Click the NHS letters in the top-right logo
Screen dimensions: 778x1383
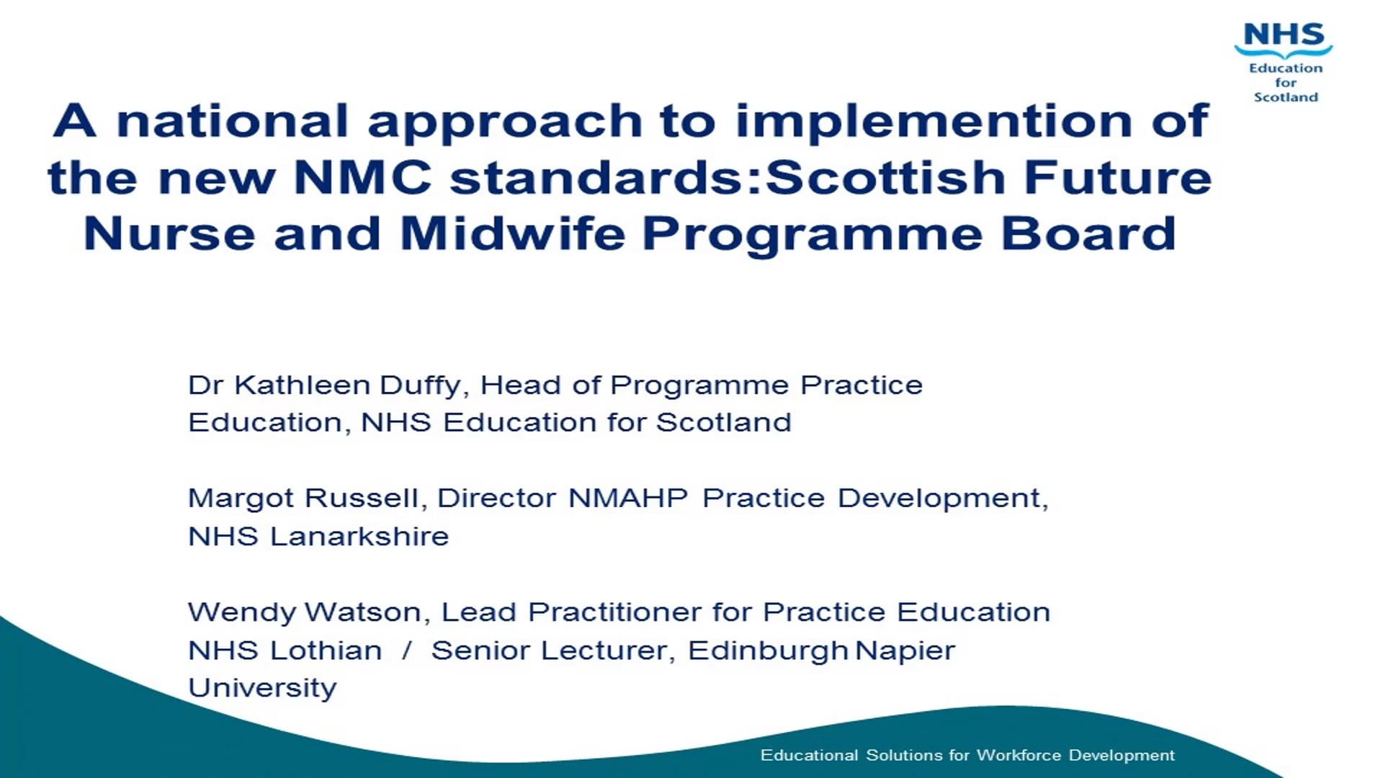1284,35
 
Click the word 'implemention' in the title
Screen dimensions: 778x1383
933,121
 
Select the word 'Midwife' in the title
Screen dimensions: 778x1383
512,234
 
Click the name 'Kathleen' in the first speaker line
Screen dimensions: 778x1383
301,385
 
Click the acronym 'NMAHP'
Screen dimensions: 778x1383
627,498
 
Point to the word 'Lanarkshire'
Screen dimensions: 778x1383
359,537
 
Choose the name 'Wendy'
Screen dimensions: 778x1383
241,613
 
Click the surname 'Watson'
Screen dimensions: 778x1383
362,612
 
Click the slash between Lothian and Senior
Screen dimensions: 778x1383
407,650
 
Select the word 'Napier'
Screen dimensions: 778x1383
905,651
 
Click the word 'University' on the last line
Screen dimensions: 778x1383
262,689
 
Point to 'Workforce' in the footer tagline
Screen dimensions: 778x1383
1019,755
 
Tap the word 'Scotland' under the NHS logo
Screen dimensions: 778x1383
1286,97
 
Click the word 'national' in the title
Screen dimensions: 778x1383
233,121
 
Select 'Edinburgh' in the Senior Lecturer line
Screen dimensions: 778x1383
768,651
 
